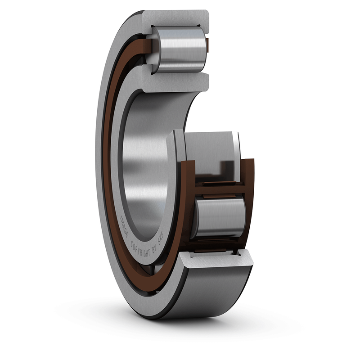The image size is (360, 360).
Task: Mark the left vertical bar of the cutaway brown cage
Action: pyautogui.click(x=187, y=198)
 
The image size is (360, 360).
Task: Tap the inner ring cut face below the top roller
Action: pyautogui.click(x=175, y=81)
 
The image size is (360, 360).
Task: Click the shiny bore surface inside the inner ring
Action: pyautogui.click(x=144, y=166)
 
